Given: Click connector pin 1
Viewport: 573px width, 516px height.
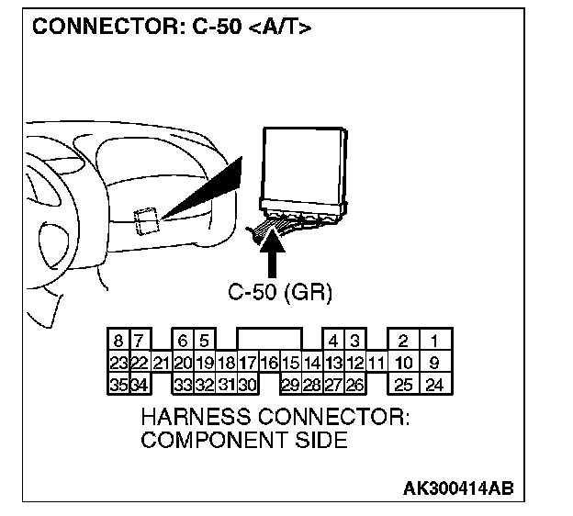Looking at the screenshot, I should point(434,342).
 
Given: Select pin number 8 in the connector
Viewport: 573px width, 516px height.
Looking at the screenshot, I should point(118,342).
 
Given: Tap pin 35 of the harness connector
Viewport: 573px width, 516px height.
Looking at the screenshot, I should point(118,384).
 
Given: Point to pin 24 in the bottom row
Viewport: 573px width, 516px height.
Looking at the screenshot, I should point(434,384).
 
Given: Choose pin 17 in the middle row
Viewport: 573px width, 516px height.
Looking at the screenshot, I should point(247,364).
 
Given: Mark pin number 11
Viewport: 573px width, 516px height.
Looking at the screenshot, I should point(375,364).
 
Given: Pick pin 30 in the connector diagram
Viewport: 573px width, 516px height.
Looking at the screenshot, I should point(247,384).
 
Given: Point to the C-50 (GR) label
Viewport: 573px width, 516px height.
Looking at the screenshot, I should point(279,293).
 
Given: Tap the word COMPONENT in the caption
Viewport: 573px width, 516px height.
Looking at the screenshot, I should point(204,441).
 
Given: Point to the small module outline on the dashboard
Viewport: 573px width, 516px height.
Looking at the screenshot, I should point(147,221).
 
